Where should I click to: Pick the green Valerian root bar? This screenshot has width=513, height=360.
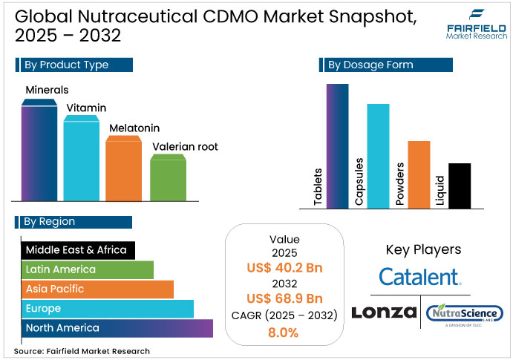click(168, 177)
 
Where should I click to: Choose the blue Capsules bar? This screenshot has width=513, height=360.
click(378, 157)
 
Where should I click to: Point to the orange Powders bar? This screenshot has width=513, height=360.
click(419, 174)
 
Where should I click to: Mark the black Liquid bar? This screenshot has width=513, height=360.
click(460, 186)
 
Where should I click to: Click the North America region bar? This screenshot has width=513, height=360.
click(117, 328)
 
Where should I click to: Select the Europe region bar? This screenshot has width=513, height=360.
click(107, 309)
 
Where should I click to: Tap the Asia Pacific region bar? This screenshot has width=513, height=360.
click(97, 289)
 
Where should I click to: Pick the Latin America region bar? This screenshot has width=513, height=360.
click(87, 269)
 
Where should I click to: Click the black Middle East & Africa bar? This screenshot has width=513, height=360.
click(77, 250)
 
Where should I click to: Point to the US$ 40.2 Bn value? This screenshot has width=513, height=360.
click(284, 267)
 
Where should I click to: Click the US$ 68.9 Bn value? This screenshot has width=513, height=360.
click(284, 299)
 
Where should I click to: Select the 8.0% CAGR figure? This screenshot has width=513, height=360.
click(284, 333)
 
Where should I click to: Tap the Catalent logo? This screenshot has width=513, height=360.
click(419, 278)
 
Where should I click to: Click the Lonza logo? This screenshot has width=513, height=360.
click(383, 313)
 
